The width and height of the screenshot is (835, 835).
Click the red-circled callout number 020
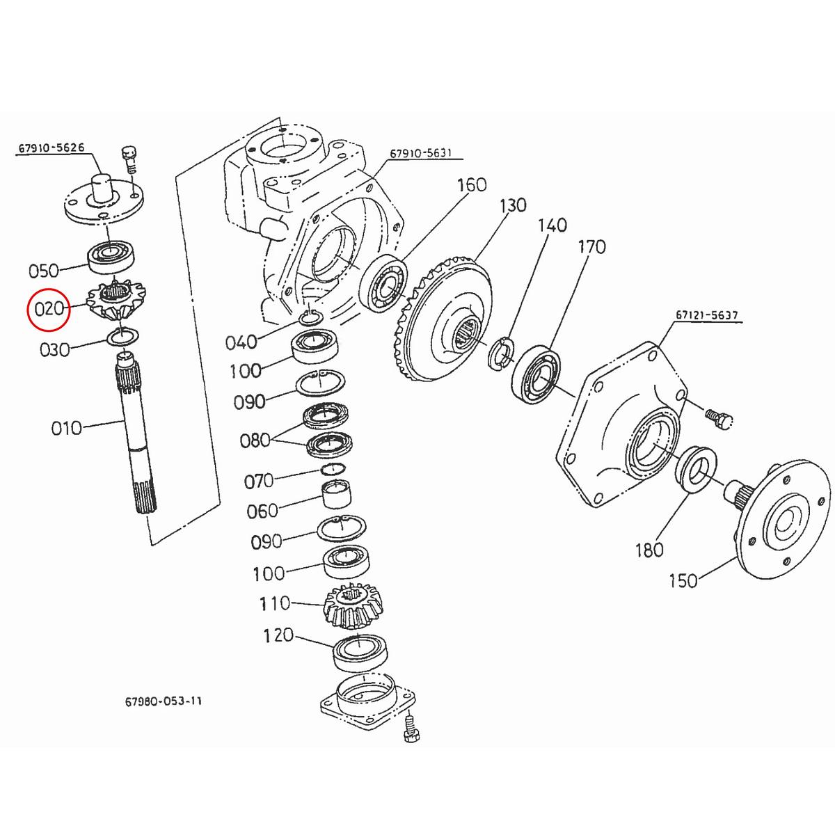(x=49, y=308)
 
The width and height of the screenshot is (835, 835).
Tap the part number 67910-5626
(x=52, y=148)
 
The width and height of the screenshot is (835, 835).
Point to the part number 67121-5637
(x=706, y=316)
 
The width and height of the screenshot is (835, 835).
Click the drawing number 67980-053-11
(x=159, y=701)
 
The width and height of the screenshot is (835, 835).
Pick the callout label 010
(x=66, y=427)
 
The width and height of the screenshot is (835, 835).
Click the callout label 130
(x=513, y=205)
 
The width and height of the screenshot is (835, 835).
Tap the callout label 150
(x=683, y=580)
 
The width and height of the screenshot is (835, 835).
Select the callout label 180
(x=649, y=550)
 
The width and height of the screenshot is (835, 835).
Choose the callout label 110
(x=275, y=603)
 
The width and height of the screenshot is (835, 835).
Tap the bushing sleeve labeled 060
(x=335, y=495)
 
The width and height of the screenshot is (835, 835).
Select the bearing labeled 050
(x=115, y=257)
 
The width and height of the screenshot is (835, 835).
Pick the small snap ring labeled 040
(x=310, y=318)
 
